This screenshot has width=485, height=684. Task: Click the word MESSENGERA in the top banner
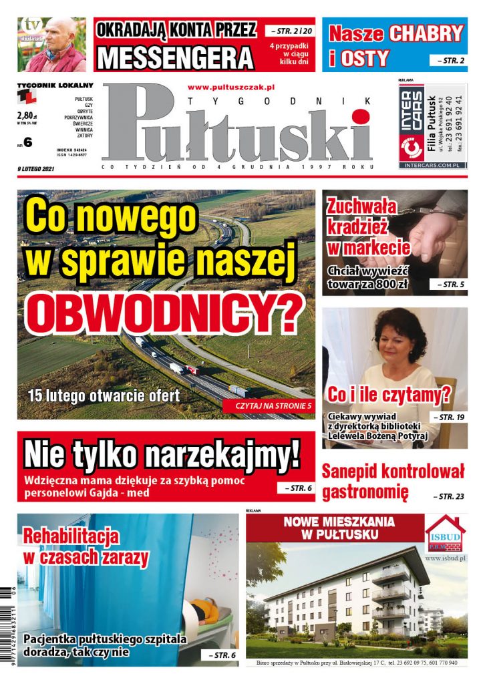tap(175, 57)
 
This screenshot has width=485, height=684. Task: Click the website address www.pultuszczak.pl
tap(231, 87)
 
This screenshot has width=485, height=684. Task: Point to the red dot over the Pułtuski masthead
tap(361, 118)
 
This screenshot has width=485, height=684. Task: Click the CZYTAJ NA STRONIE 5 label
tap(273, 405)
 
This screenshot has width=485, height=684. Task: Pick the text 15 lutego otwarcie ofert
tap(104, 395)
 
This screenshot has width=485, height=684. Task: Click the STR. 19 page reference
tap(451, 417)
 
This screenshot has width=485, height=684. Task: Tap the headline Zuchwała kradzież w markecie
tap(367, 227)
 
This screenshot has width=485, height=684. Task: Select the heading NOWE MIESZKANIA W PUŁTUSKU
tap(339, 528)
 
